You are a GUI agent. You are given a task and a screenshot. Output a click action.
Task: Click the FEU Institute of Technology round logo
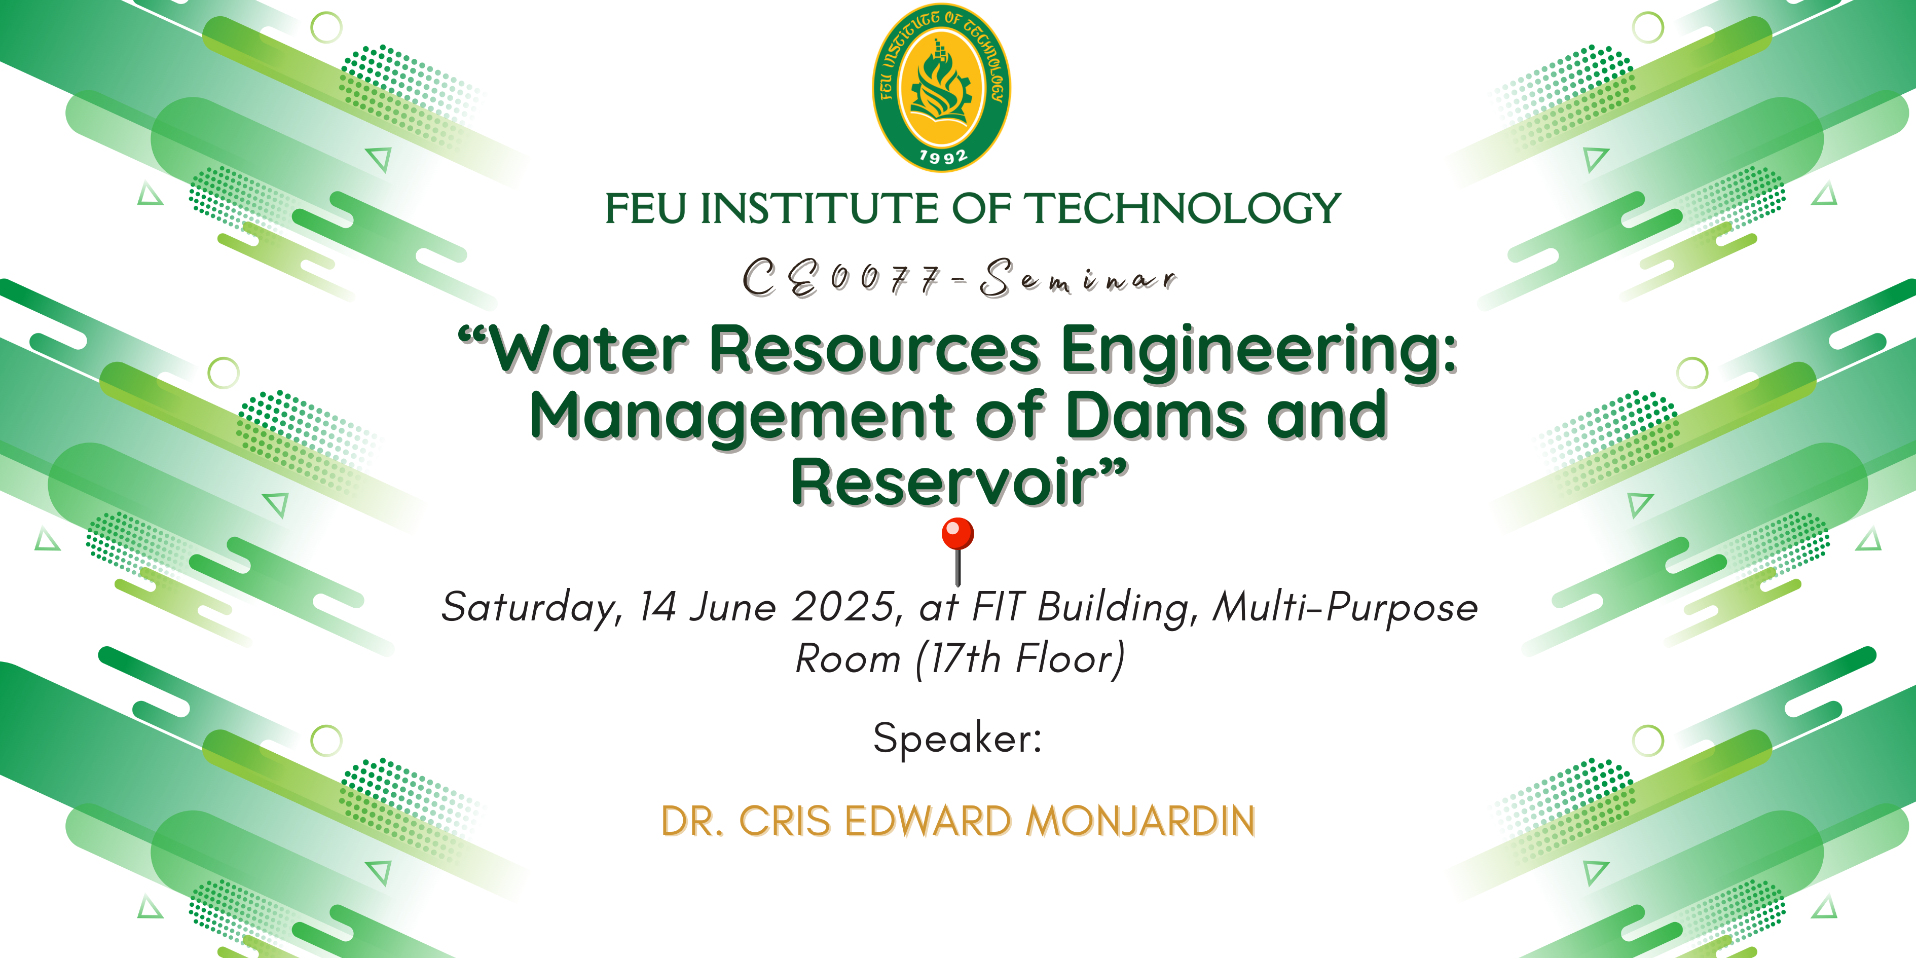942,88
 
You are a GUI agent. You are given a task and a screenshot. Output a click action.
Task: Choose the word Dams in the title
1158,414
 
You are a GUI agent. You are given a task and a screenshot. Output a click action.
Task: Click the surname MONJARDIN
1140,821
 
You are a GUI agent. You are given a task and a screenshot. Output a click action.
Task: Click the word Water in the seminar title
589,350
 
